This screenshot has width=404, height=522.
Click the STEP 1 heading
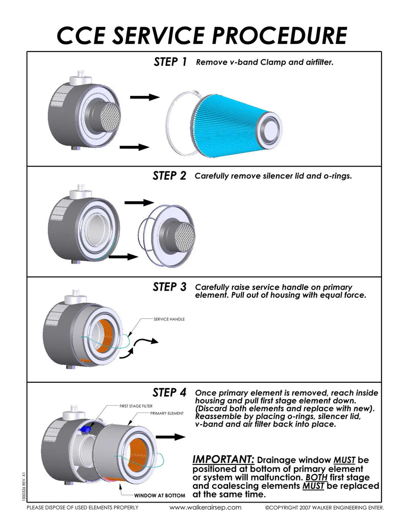170,62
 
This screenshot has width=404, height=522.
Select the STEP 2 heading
169,176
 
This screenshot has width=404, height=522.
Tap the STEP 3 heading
169,287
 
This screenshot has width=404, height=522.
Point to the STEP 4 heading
169,393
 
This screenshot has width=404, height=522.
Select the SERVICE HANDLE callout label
169,320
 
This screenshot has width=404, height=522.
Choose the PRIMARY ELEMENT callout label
166,413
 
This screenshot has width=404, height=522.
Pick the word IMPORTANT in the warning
223,459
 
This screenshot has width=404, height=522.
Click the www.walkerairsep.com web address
205,508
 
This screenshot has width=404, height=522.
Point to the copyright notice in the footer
324,508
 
